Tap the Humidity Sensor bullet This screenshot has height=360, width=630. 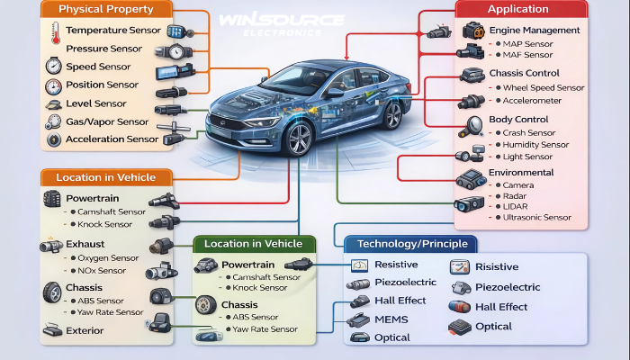[x=536, y=144]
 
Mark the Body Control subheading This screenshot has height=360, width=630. [x=517, y=120]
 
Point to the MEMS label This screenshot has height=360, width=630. [x=391, y=319]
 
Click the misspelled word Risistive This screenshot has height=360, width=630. [x=497, y=267]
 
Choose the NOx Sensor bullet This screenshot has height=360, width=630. [x=100, y=270]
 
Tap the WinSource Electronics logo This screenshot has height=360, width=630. [x=269, y=22]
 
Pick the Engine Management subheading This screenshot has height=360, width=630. [x=535, y=31]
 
